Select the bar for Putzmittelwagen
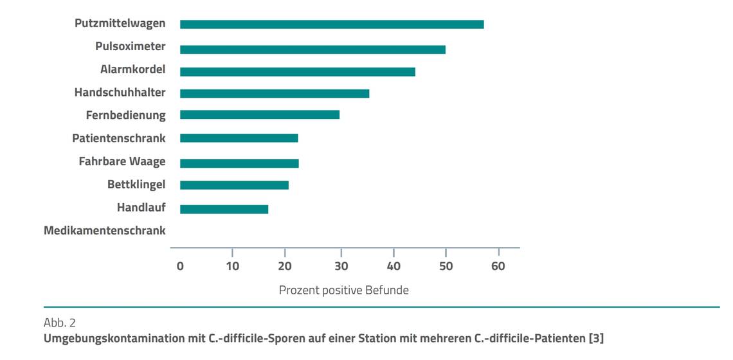pyautogui.click(x=332, y=24)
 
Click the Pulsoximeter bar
pyautogui.click(x=312, y=50)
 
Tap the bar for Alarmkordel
pyautogui.click(x=298, y=71)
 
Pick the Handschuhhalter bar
pyautogui.click(x=275, y=93)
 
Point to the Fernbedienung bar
pyautogui.click(x=260, y=114)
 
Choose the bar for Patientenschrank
pyautogui.click(x=239, y=138)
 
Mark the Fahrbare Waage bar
pyautogui.click(x=239, y=163)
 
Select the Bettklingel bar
pyautogui.click(x=234, y=185)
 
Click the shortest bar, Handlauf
pyautogui.click(x=224, y=209)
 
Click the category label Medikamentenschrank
pyautogui.click(x=104, y=230)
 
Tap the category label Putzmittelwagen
pyautogui.click(x=120, y=23)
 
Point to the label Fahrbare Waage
pyautogui.click(x=122, y=161)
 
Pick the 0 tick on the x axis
pyautogui.click(x=180, y=266)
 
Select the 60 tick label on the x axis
pyautogui.click(x=498, y=266)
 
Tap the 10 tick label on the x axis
pyautogui.click(x=233, y=266)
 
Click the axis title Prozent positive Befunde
pyautogui.click(x=343, y=290)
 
